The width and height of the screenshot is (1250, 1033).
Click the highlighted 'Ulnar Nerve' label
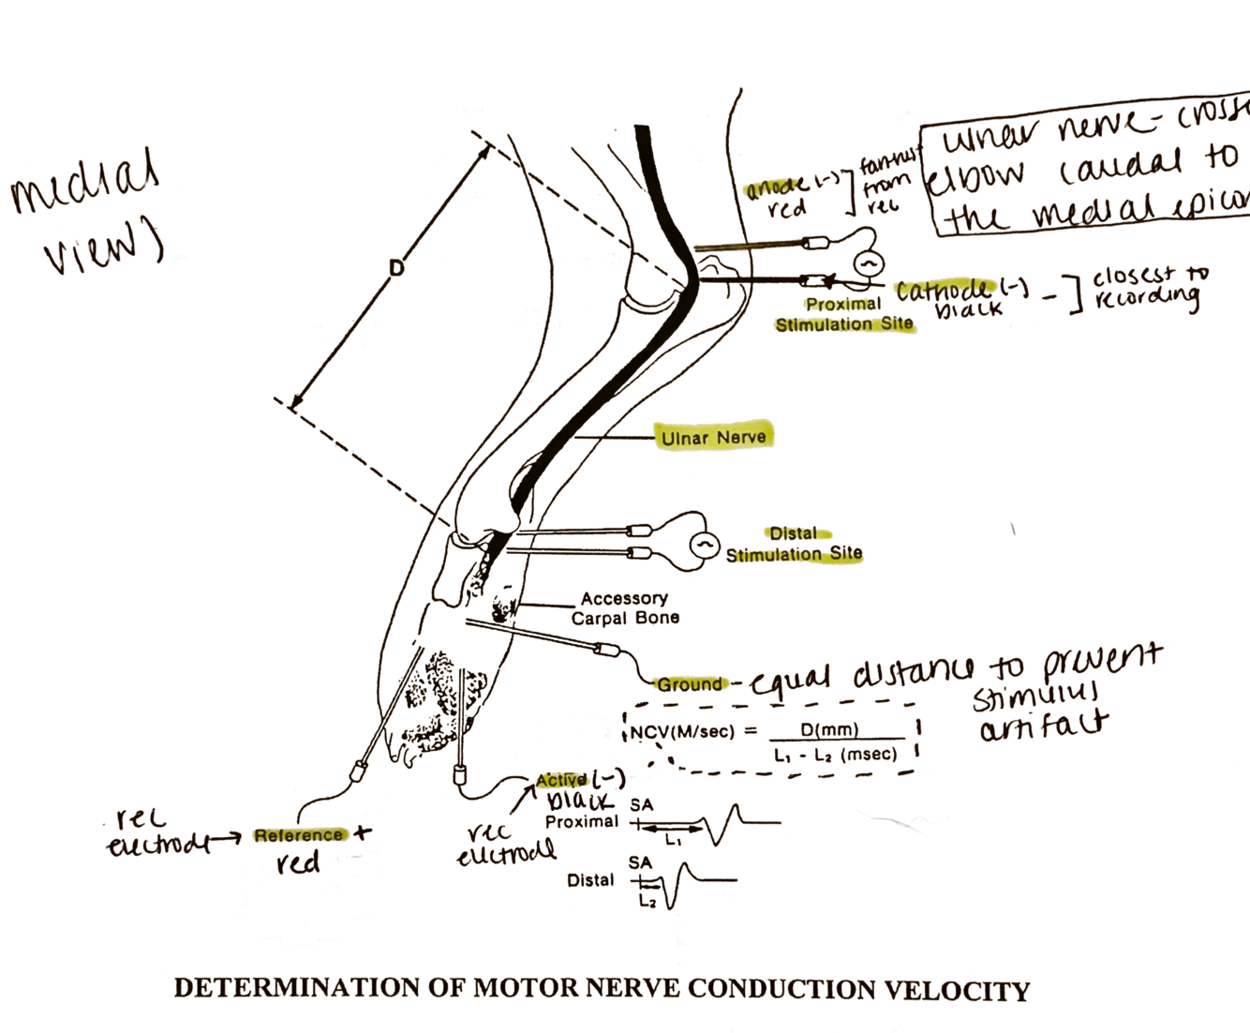point(713,437)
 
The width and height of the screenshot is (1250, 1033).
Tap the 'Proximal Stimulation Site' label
point(843,314)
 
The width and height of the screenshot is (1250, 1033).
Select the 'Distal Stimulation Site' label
point(794,544)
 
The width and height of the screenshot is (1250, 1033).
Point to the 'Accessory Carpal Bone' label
point(625,607)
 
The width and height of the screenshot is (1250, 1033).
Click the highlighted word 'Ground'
point(690,684)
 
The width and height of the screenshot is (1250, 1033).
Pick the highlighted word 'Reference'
point(298,835)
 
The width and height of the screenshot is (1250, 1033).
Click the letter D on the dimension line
point(396,269)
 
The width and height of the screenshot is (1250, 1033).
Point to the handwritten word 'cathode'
point(942,290)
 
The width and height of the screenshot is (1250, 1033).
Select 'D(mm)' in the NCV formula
point(829,729)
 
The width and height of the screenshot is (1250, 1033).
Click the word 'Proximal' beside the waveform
point(582,821)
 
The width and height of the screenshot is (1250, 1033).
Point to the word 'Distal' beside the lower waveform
point(590,880)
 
